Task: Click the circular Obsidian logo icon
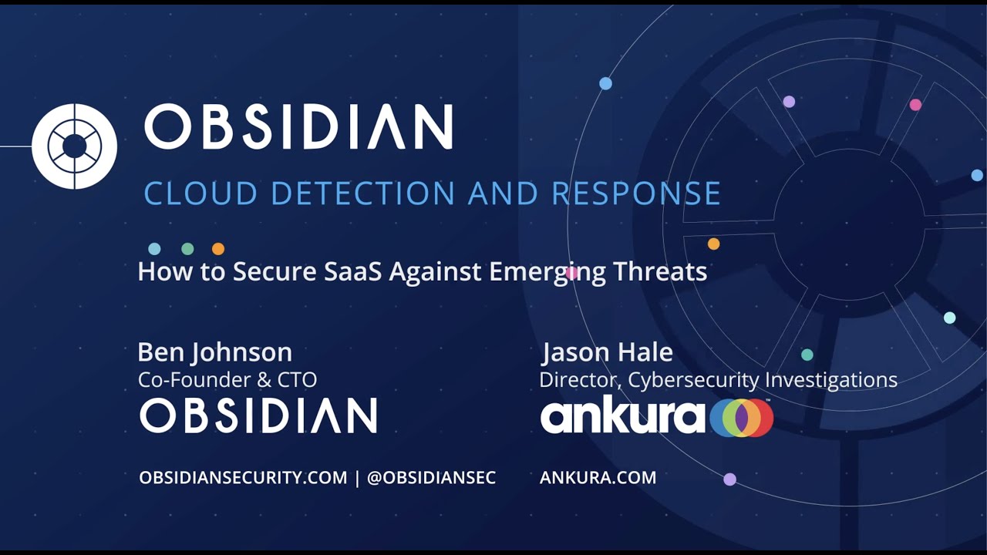pyautogui.click(x=74, y=146)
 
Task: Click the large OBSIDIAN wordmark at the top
pyautogui.click(x=298, y=127)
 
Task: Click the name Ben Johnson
pyautogui.click(x=214, y=352)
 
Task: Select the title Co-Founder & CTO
pyautogui.click(x=227, y=379)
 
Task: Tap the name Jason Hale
pyautogui.click(x=607, y=352)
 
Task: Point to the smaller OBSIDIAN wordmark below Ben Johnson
pyautogui.click(x=258, y=415)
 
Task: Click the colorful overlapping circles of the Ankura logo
pyautogui.click(x=741, y=417)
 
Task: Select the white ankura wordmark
pyautogui.click(x=622, y=416)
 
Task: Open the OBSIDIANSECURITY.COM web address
pyautogui.click(x=243, y=478)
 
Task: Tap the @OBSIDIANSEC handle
pyautogui.click(x=431, y=478)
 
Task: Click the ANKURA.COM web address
pyautogui.click(x=598, y=478)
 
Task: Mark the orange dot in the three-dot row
pyautogui.click(x=218, y=249)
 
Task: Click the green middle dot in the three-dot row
pyautogui.click(x=187, y=249)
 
